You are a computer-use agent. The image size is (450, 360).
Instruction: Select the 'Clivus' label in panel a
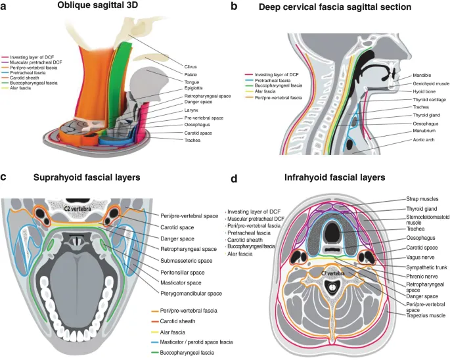coord(192,66)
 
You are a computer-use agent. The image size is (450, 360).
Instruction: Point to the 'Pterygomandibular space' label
coord(191,293)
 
